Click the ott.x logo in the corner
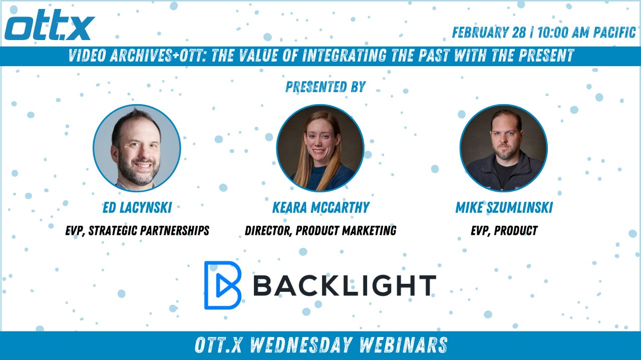click(x=50, y=25)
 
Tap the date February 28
click(x=489, y=33)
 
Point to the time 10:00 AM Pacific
click(x=586, y=33)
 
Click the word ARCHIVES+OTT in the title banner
click(x=159, y=56)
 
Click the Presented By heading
click(x=326, y=87)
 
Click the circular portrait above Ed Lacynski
click(x=137, y=148)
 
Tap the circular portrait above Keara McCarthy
click(x=320, y=148)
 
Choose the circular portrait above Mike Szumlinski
click(x=504, y=148)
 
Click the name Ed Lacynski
click(x=137, y=207)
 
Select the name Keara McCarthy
click(x=321, y=207)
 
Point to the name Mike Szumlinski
click(x=504, y=207)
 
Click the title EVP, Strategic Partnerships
click(x=137, y=231)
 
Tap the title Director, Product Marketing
click(x=320, y=231)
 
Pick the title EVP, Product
click(x=504, y=231)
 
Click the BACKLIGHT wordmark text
click(x=345, y=285)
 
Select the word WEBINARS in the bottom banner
click(x=403, y=345)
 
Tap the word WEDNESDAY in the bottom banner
click(x=300, y=345)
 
